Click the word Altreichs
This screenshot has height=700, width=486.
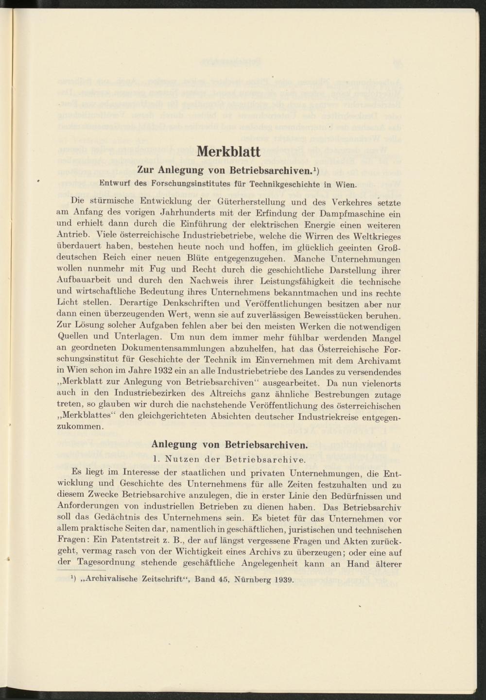[198, 393]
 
